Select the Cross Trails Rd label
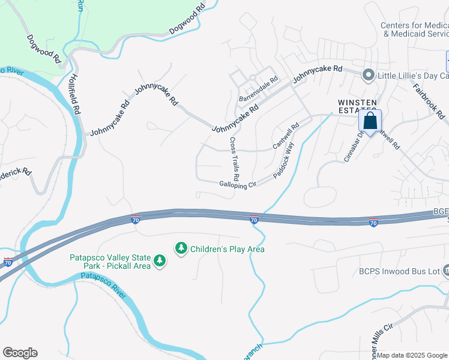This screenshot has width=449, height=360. pos(234,159)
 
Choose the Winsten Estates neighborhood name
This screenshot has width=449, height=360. pos(357,106)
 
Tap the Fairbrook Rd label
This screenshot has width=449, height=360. pos(429,100)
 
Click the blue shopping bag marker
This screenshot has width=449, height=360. pos(370,121)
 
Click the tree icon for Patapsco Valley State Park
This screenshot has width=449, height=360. pos(159,260)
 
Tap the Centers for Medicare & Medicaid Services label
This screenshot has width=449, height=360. pos(415,29)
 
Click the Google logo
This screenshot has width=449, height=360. pos(20,353)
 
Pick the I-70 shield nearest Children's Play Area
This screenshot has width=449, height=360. pos(254,221)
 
